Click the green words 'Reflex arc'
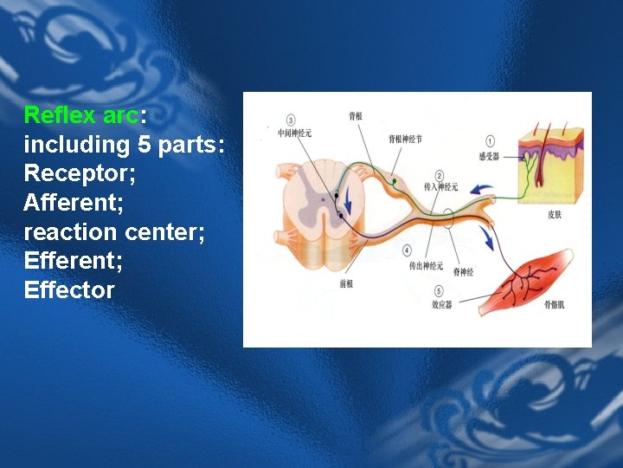coord(75,115)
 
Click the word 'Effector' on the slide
coord(69,290)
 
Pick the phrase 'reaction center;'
coord(114,232)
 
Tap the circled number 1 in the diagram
coord(491,141)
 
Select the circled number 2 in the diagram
coord(440,175)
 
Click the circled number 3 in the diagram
coord(290,120)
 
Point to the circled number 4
coord(408,251)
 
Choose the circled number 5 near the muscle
coord(440,291)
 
